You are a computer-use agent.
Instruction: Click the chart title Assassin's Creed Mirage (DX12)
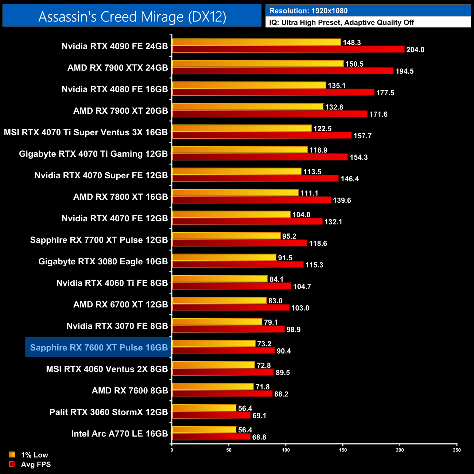132,17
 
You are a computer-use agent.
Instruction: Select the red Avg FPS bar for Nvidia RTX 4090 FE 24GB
288,50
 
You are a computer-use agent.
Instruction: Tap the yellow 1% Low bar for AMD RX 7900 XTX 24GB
258,64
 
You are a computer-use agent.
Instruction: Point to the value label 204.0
415,50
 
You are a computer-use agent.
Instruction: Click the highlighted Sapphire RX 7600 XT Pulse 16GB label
98,347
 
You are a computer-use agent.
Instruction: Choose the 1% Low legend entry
34,455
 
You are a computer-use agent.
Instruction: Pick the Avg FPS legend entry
36,464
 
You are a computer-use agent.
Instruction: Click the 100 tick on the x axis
286,450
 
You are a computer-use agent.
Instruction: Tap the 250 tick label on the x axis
457,450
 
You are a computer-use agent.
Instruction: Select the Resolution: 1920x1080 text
308,11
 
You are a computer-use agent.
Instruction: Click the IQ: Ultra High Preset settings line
342,23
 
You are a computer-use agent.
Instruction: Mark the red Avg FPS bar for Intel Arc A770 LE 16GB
211,437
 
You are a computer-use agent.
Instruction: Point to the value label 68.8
259,437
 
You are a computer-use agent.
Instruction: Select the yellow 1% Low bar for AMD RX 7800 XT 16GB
235,193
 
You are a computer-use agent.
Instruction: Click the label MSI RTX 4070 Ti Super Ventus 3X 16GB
86,132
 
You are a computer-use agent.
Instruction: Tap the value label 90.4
284,351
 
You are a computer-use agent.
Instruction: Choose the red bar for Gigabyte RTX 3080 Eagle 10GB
238,265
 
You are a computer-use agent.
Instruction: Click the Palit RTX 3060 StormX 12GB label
109,412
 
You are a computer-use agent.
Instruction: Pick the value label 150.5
354,64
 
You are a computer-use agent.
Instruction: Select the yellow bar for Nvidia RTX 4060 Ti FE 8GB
220,279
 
